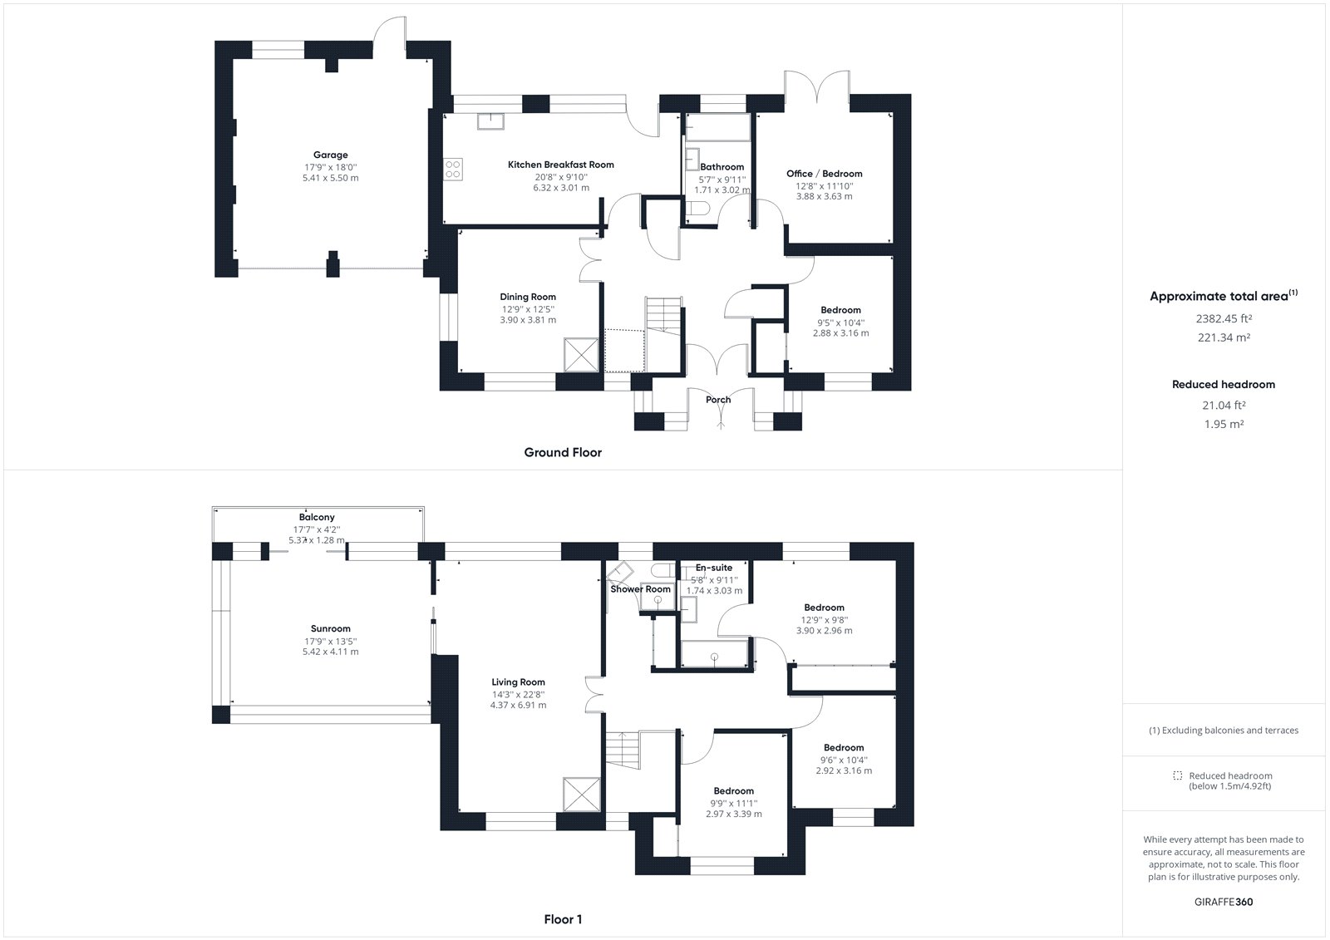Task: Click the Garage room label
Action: tap(331, 155)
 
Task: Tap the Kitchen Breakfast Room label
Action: tap(560, 165)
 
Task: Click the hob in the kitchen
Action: tap(453, 170)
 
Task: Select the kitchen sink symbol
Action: tap(490, 121)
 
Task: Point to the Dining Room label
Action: tap(528, 297)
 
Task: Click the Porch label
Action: tap(718, 400)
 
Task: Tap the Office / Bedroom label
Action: tap(824, 174)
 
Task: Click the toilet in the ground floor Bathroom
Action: tap(697, 208)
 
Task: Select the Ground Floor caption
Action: tap(563, 452)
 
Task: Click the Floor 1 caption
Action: tap(563, 919)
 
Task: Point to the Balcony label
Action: tap(317, 517)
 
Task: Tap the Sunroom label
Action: tap(331, 628)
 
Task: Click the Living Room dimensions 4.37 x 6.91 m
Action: tap(518, 706)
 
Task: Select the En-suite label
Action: tap(714, 568)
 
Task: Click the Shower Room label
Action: tap(640, 589)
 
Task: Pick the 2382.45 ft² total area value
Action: tap(1224, 318)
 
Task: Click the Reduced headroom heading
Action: tap(1223, 384)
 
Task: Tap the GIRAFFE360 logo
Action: tap(1223, 902)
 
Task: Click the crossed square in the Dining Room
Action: tap(581, 355)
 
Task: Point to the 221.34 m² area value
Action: tap(1224, 337)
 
